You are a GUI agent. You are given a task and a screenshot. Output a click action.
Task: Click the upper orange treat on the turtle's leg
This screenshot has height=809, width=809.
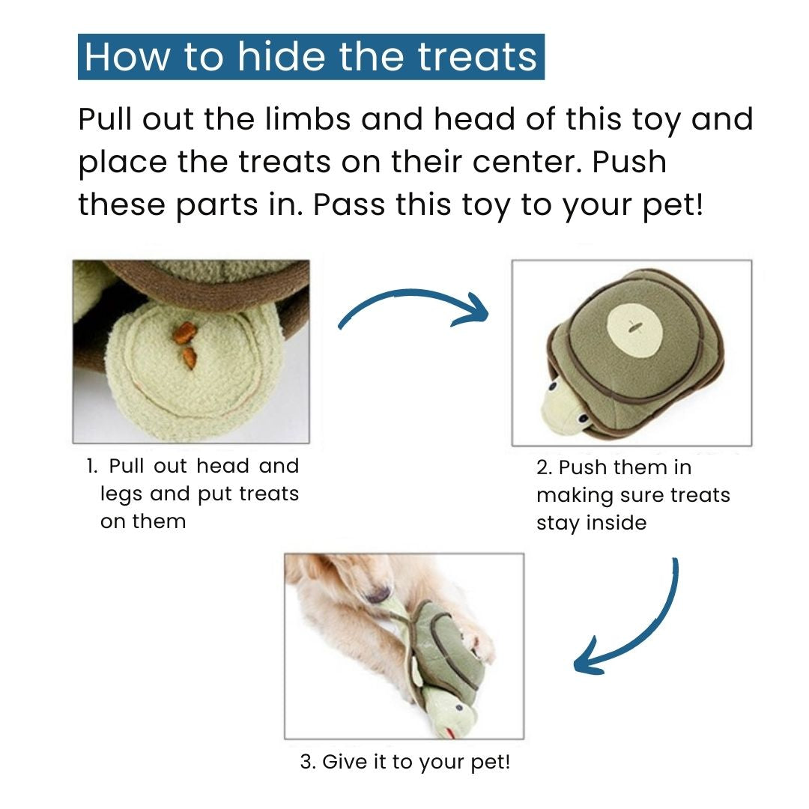coord(184,333)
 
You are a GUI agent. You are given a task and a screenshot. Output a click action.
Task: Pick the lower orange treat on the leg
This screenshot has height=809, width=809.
coord(190,357)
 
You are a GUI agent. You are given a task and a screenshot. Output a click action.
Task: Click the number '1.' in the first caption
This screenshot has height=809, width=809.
coord(92,466)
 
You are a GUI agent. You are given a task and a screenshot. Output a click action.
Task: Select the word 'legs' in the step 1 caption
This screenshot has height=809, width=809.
coord(121,495)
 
